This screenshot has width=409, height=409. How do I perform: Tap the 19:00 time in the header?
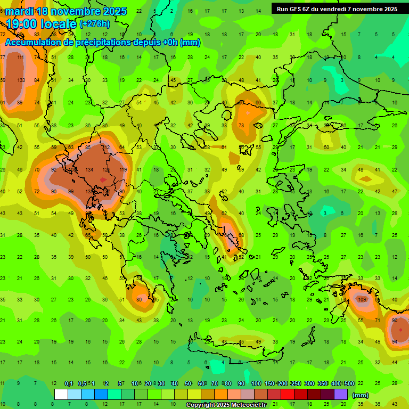click(24, 23)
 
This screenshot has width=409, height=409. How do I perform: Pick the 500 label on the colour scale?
click(349, 384)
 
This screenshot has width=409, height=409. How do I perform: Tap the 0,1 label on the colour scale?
click(69, 384)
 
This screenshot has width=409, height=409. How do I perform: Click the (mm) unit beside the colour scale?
click(361, 395)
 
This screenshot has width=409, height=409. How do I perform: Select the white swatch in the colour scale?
click(61, 395)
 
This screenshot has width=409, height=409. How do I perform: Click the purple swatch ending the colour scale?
click(341, 395)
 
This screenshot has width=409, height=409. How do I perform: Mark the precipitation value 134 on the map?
click(89, 169)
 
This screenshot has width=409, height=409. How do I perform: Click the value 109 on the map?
click(363, 299)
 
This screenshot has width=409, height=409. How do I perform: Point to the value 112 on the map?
click(106, 148)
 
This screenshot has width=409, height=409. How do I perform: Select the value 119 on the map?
click(123, 169)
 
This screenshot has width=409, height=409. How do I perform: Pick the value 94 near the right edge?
click(395, 342)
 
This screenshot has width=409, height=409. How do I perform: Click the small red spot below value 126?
click(103, 180)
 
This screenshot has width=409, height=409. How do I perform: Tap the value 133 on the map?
click(21, 80)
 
